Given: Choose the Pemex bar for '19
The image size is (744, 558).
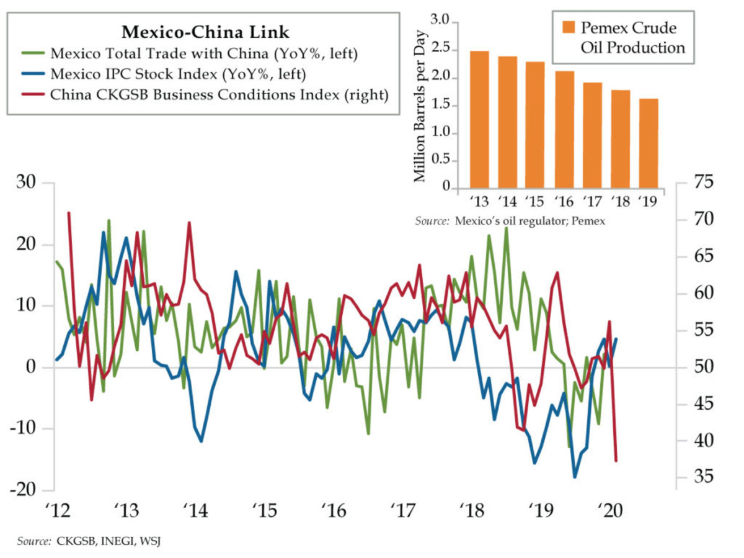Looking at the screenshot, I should pyautogui.click(x=649, y=143).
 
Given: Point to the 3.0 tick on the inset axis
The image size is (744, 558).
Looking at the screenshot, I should pyautogui.click(x=440, y=23).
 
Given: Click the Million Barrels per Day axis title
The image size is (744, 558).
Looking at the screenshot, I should pyautogui.click(x=420, y=106).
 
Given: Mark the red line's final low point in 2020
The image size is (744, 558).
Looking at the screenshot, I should pyautogui.click(x=616, y=461).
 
